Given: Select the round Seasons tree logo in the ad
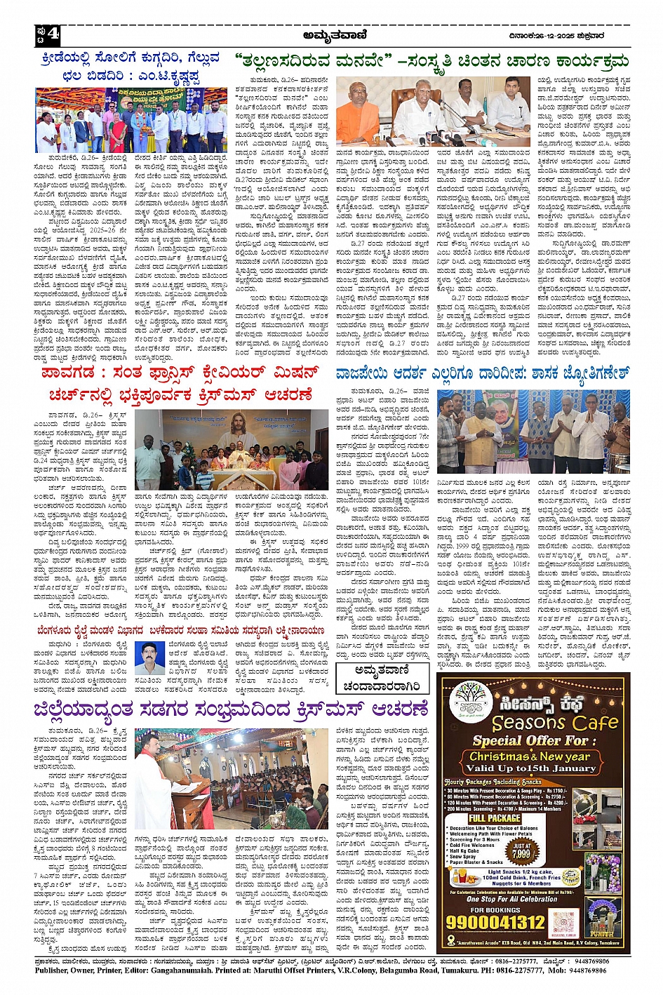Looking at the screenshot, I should (x=471, y=701).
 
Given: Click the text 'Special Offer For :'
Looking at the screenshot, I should (x=530, y=740).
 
